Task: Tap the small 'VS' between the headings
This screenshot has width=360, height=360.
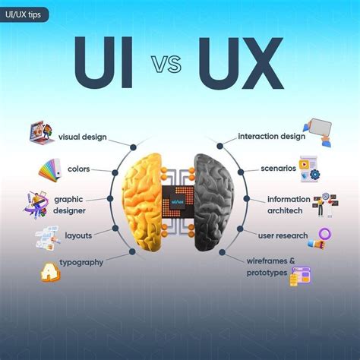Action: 166,65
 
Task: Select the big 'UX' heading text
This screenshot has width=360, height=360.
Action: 241,63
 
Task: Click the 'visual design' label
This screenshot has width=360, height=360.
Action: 83,137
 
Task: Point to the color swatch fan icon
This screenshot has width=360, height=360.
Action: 50,169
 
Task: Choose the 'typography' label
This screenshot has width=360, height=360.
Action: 81,263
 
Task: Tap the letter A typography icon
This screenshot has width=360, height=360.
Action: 50,273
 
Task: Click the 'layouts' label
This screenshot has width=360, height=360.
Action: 78,235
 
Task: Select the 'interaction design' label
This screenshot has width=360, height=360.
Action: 272,136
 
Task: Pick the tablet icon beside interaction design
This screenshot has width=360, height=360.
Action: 318,131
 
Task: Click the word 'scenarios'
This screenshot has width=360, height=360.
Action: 279,169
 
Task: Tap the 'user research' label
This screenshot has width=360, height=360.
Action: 283,235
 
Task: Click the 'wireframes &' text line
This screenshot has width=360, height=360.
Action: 271,261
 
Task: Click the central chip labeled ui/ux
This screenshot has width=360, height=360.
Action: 178,202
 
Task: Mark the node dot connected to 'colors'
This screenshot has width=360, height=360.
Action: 115,172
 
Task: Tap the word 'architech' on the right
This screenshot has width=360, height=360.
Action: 285,210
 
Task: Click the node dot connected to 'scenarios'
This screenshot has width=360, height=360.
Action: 241,172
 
